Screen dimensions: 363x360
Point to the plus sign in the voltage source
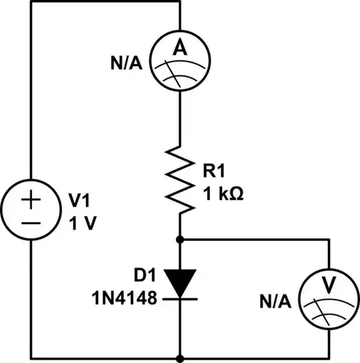click(32, 199)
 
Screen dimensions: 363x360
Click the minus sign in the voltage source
click(32, 224)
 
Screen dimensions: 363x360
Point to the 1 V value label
click(83, 222)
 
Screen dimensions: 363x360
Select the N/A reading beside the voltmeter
click(275, 301)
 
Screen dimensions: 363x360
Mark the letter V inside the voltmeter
click(329, 284)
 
